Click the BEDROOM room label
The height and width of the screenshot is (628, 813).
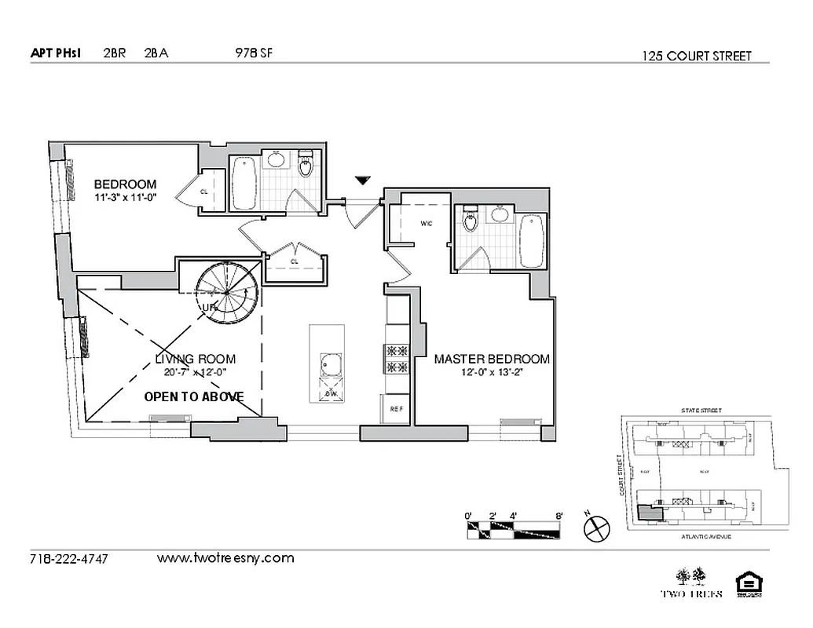pos(126,184)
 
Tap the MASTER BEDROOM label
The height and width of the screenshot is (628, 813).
pos(492,359)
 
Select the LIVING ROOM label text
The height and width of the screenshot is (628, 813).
pos(195,359)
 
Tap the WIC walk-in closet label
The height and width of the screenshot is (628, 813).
pos(426,223)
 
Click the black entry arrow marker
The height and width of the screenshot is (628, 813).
pos(361,181)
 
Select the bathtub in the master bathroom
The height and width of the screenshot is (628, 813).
pos(531,239)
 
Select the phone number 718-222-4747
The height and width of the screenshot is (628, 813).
pos(68,559)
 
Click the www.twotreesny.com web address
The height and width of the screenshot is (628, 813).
pos(225,558)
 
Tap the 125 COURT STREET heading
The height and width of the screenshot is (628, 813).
pos(696,56)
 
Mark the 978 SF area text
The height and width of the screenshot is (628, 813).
pos(253,53)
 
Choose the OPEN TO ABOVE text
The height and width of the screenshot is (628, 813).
pos(194,396)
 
